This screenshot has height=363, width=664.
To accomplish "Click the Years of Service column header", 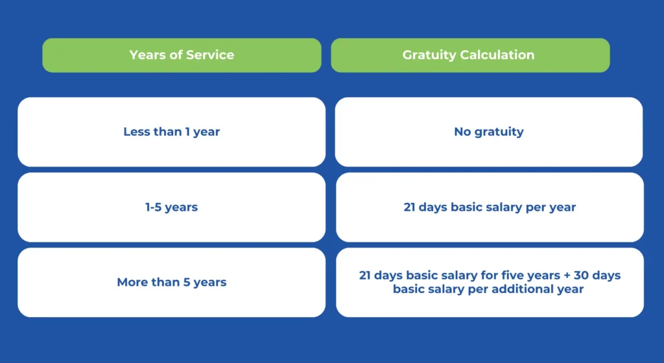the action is point(182,55).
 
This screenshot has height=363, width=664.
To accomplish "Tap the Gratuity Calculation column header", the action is point(470,55).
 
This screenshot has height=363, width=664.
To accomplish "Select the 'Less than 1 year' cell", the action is point(171,132).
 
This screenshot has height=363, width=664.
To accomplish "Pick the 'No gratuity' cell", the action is point(489,132).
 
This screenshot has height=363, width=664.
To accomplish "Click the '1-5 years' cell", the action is point(171,207).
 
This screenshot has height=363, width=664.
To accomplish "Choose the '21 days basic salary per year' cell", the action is point(490,207).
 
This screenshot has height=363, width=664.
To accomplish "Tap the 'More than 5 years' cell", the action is point(171,282).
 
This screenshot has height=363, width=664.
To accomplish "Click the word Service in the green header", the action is point(210,54).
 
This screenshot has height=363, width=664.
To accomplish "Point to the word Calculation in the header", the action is point(497,54).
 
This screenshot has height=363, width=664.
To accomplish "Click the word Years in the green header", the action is point(146,54).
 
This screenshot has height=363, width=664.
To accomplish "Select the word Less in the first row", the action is point(136,132).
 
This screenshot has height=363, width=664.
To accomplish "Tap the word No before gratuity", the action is point(462,132).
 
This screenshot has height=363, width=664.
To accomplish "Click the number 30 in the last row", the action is point(581,275).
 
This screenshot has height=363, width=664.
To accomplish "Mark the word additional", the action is point(517,289).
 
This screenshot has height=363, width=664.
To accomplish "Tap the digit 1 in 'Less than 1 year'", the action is point(187,132).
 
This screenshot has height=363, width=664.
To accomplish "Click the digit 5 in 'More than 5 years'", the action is point(186,282).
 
